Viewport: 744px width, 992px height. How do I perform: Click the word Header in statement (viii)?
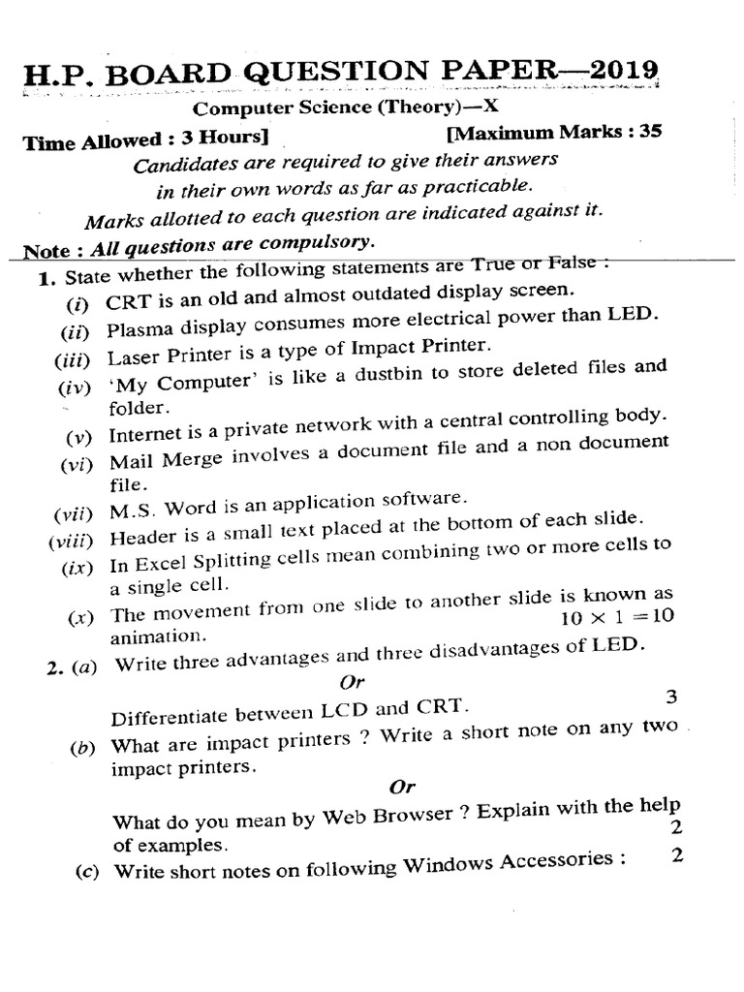[141, 538]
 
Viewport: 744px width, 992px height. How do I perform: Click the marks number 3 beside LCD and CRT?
[670, 697]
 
